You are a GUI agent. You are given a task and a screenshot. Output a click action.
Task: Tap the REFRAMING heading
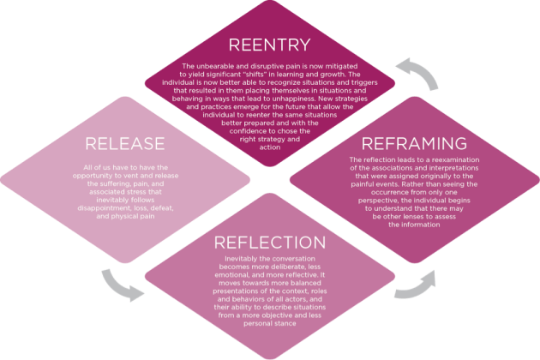(415, 142)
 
